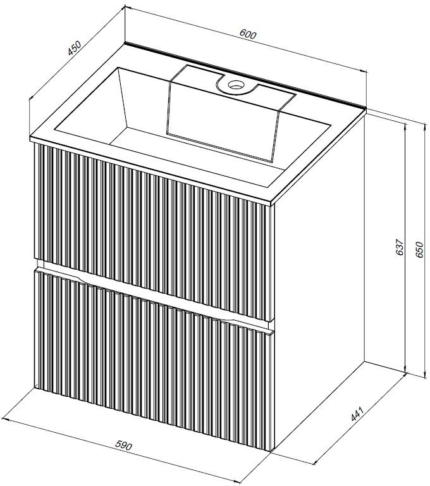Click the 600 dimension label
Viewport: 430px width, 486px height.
pos(248,34)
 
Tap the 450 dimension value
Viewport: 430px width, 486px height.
pos(75,48)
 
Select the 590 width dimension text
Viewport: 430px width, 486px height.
pos(124,445)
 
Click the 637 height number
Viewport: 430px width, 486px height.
pos(400,247)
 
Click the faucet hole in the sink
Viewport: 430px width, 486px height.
pos(236,84)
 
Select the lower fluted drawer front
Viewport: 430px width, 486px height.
pos(154,359)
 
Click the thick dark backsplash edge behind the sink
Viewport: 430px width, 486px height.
pos(245,75)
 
